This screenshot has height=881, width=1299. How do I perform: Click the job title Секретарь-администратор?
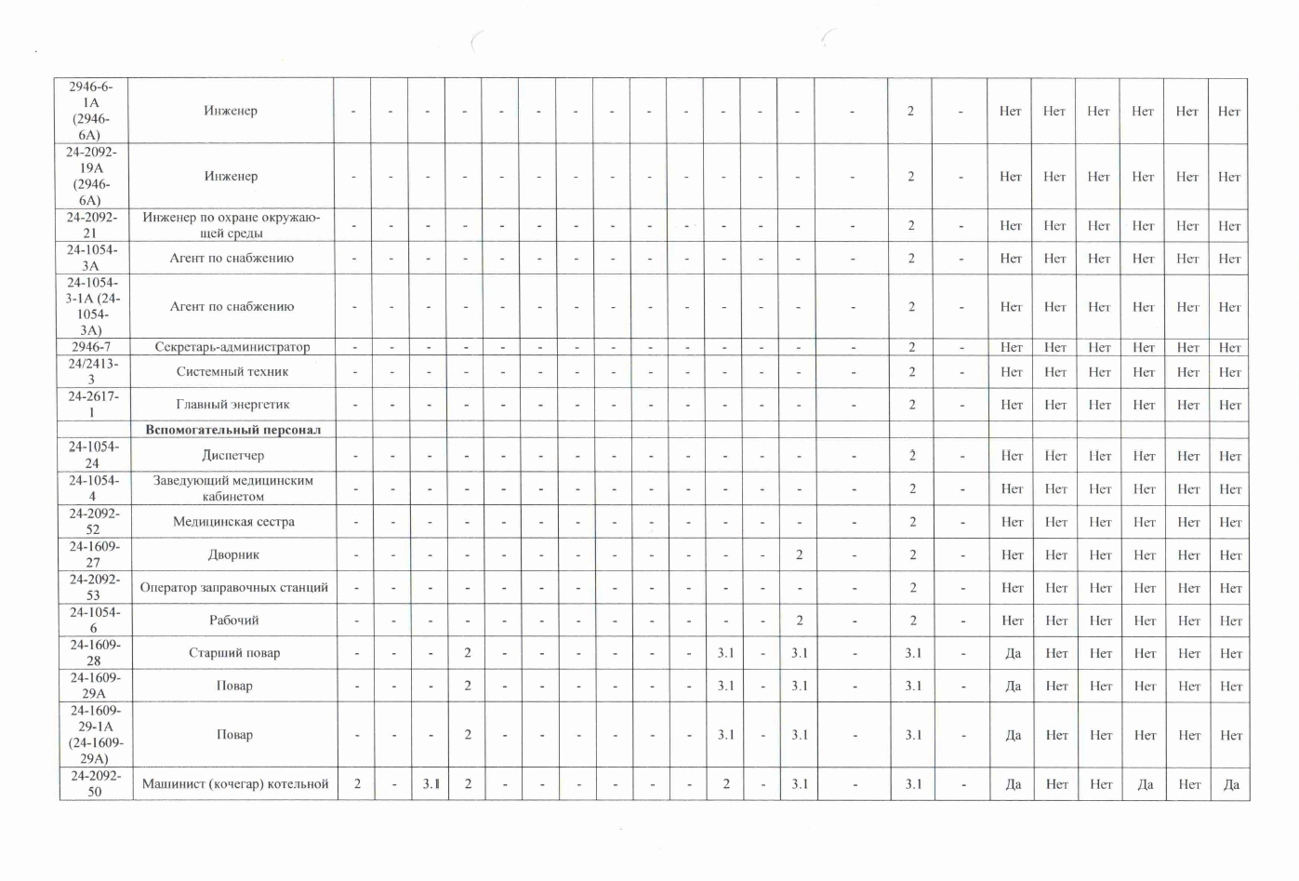point(232,347)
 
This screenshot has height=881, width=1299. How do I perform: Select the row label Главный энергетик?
point(232,405)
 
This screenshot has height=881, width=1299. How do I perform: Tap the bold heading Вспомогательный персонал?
point(232,430)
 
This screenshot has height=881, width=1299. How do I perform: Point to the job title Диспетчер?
point(232,456)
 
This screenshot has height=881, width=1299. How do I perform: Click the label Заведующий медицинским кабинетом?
point(232,488)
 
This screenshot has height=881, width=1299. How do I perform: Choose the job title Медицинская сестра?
point(233,522)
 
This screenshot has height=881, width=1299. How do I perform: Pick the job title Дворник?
point(233,555)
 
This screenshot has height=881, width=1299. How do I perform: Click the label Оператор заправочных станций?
point(233,588)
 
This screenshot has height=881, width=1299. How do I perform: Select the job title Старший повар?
point(234,653)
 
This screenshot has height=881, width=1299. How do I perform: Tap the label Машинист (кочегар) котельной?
point(235,784)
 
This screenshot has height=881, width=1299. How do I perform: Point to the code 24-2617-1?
point(92,405)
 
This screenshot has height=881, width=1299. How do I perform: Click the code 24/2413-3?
point(92,372)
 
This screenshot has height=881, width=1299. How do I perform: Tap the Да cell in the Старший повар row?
point(1013,653)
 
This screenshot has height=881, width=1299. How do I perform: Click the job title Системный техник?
point(232,372)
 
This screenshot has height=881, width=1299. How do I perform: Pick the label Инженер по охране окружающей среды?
point(232,225)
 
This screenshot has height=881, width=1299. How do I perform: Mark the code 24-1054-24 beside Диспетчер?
point(92,455)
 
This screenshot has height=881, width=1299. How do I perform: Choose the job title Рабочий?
point(234,621)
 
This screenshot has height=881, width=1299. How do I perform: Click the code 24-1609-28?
point(94,653)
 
